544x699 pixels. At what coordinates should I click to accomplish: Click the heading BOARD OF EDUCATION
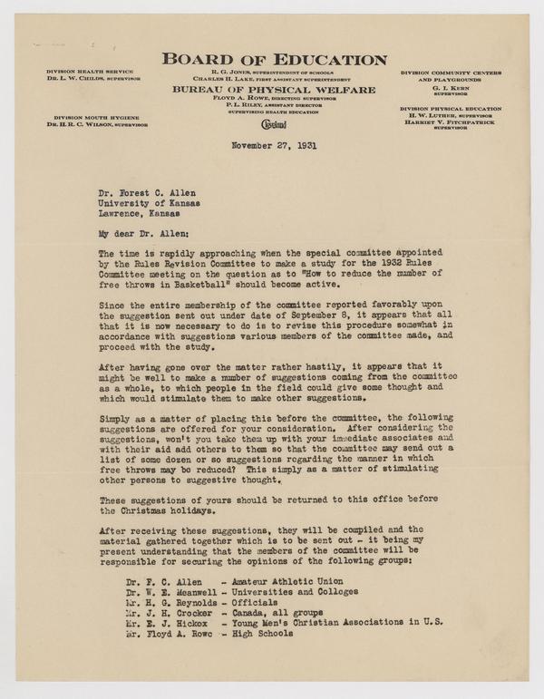pos(274,61)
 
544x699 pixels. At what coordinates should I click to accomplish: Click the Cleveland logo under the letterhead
pos(273,123)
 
